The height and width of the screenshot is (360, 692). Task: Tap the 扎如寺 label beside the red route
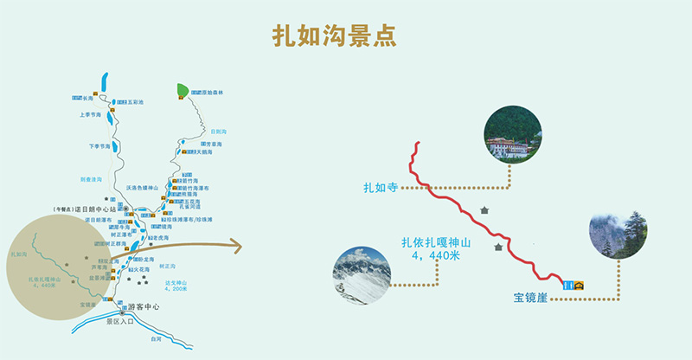tap(380, 187)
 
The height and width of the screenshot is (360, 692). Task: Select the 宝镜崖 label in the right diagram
tap(529, 299)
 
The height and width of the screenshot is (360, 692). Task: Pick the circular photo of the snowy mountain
tap(362, 276)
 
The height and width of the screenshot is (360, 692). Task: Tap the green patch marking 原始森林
tap(183, 90)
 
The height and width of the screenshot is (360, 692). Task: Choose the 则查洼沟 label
tap(92, 179)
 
